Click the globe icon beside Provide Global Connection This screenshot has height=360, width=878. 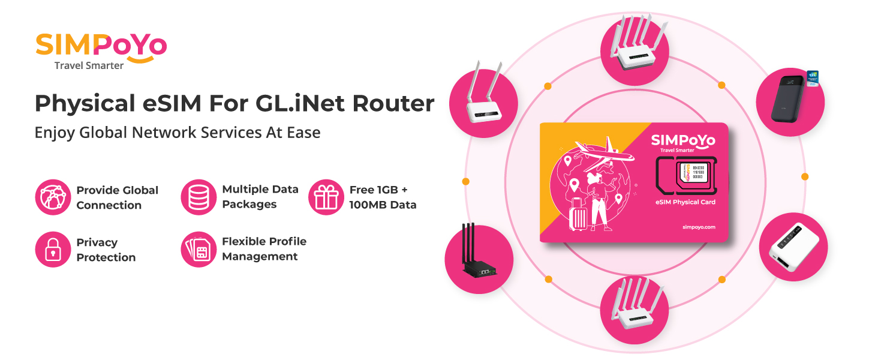53,197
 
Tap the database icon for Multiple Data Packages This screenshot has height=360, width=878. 199,197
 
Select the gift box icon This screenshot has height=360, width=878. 326,197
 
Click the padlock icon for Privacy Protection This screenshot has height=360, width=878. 53,250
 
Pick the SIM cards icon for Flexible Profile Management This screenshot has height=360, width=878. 199,250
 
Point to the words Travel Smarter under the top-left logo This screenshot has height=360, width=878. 89,65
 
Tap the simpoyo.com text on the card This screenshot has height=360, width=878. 699,227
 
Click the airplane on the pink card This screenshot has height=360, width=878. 603,152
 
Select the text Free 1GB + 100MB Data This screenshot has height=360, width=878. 382,197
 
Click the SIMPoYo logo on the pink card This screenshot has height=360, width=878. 683,141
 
